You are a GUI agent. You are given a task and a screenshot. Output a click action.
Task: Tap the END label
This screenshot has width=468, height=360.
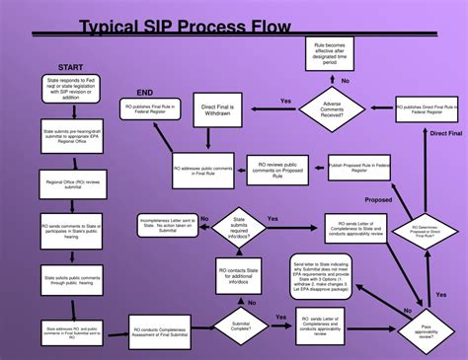click(145, 91)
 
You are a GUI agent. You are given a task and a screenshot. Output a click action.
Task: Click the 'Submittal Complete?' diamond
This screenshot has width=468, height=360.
click(239, 325)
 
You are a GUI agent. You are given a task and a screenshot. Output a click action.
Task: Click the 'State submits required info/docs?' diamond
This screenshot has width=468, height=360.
click(240, 227)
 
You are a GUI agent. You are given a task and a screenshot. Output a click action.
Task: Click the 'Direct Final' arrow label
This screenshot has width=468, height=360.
click(445, 132)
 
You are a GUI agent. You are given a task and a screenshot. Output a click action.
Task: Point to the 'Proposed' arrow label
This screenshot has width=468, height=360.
click(378, 200)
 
